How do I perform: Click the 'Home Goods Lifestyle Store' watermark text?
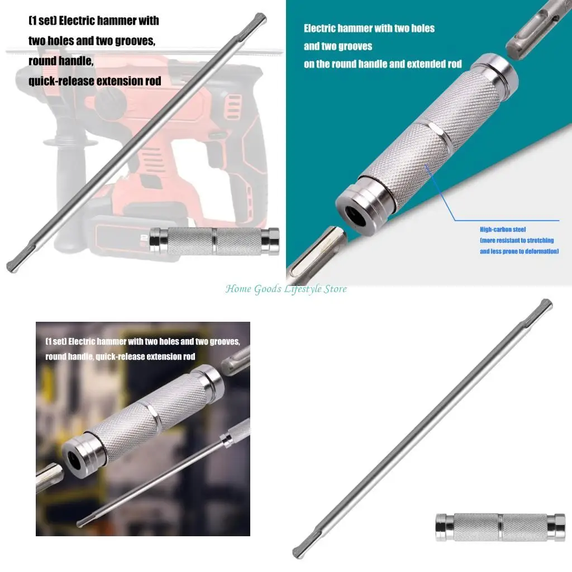(x=286, y=289)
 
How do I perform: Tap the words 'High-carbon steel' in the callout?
(x=503, y=229)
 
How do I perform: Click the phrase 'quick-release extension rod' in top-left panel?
(x=95, y=81)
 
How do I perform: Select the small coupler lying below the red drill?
(x=215, y=241)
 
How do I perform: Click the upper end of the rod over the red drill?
(x=260, y=18)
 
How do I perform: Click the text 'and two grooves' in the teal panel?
(x=338, y=46)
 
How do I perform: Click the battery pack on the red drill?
(x=120, y=235)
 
